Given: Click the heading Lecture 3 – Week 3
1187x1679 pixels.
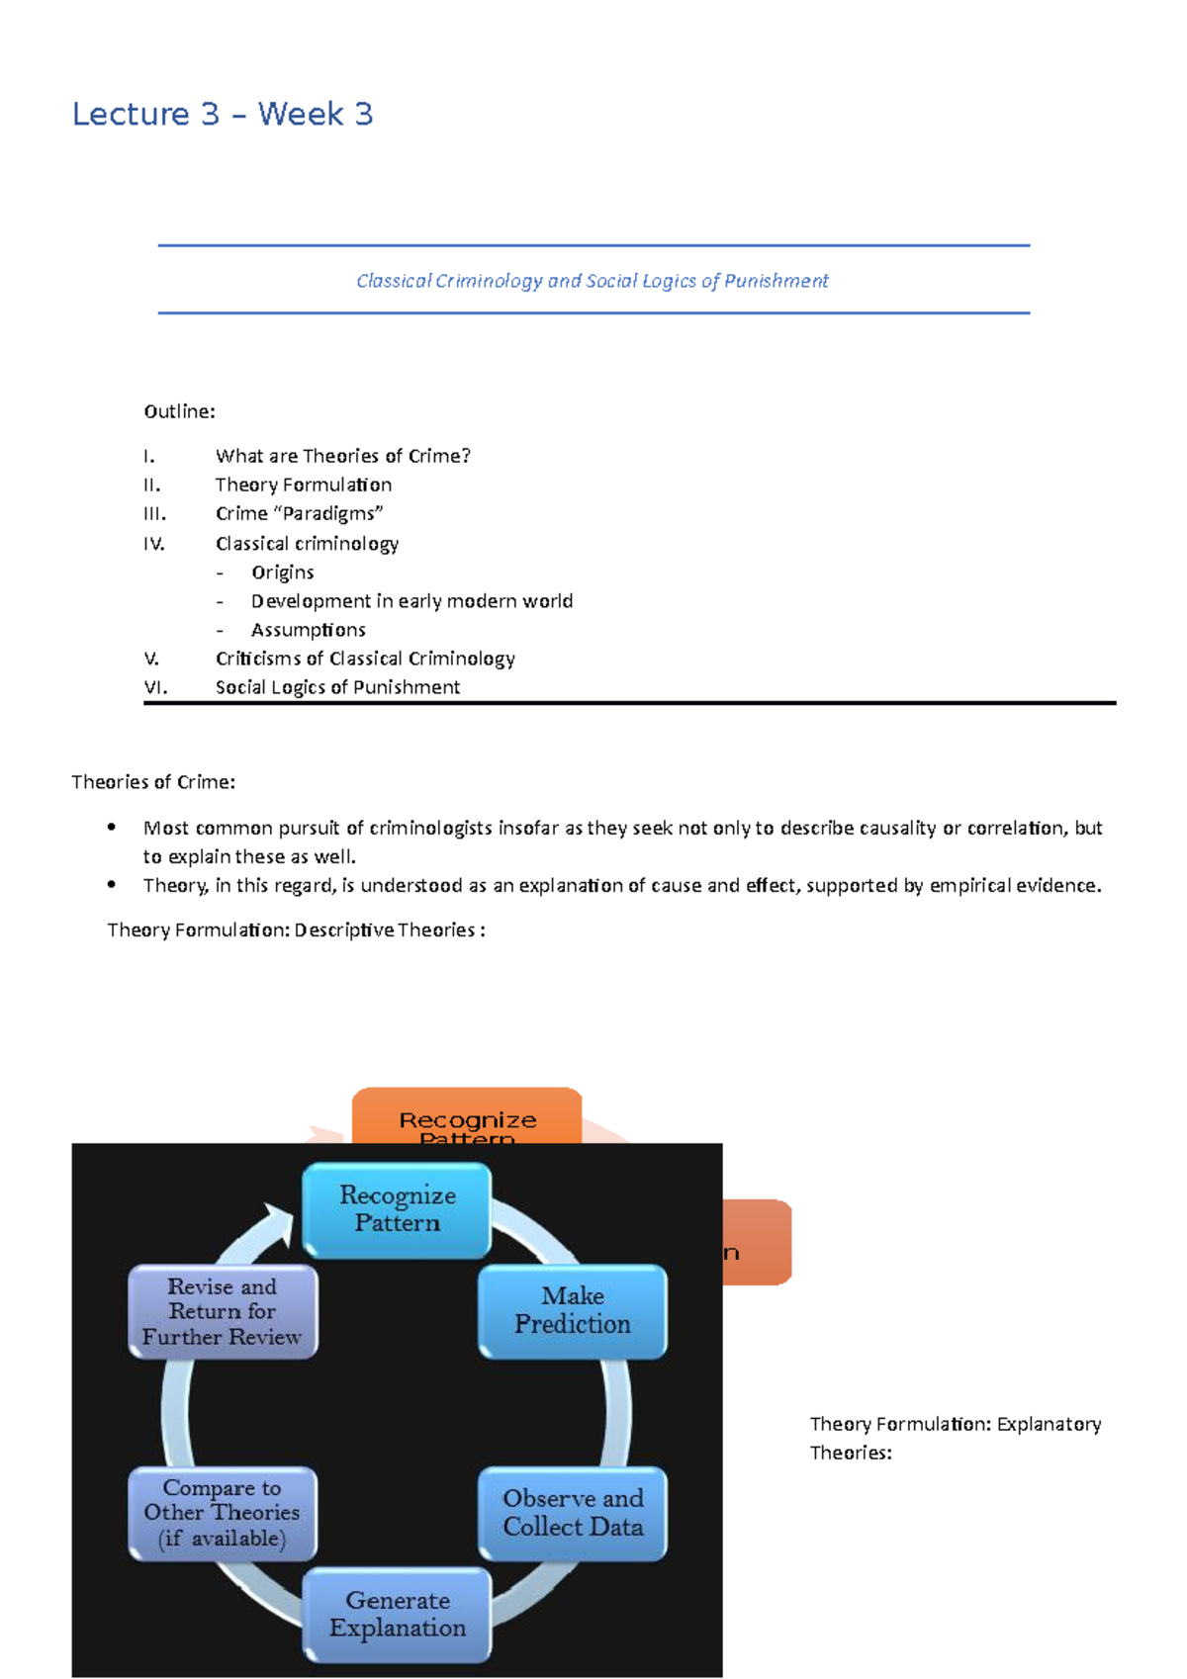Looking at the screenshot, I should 223,115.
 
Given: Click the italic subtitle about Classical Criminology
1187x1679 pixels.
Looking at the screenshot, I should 592,281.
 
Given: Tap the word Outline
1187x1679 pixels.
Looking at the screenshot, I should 178,411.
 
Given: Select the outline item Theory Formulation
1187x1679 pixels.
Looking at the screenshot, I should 304,485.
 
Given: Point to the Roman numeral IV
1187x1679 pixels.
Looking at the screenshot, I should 153,543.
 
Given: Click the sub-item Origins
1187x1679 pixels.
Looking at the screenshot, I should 282,573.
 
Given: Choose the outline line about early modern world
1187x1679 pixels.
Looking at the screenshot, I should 411,601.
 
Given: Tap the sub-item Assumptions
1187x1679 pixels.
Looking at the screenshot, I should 308,630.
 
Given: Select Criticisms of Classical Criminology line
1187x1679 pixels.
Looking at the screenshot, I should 365,659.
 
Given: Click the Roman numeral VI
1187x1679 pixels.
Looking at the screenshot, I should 155,687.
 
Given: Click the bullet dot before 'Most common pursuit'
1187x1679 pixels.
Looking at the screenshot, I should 112,827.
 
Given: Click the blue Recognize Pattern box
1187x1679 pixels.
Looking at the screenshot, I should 397,1209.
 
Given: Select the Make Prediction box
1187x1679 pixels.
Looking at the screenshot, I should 572,1310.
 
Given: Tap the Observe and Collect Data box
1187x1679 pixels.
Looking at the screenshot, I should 572,1512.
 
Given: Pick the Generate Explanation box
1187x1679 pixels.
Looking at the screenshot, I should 397,1614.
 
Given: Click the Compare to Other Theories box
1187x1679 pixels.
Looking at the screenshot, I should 223,1513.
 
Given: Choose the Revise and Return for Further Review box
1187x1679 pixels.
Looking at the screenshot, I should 223,1311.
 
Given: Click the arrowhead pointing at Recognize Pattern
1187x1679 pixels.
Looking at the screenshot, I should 279,1223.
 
